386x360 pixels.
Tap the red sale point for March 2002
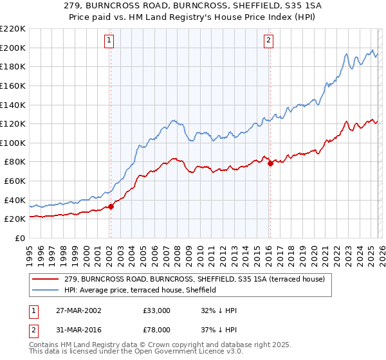coord(111,206)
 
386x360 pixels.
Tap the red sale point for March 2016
coord(270,163)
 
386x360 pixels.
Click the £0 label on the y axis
coord(20,238)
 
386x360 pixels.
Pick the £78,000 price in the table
coord(157,330)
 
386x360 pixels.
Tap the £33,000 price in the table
coord(157,310)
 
